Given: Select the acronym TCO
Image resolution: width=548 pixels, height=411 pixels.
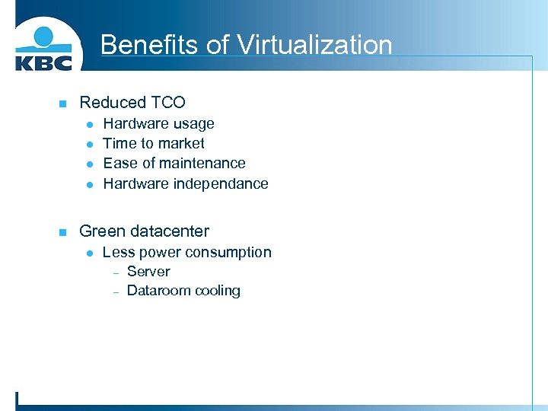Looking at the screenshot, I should [167, 102].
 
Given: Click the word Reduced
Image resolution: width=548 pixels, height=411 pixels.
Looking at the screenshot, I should [113, 102].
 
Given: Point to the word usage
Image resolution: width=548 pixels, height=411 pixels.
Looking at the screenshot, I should [194, 124].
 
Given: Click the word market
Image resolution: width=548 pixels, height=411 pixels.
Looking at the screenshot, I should [181, 143].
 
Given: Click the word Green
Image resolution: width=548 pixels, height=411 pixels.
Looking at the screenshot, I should [100, 231].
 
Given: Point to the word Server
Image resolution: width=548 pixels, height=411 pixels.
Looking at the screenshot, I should [148, 272].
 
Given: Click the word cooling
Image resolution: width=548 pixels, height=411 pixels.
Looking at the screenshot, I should [218, 291].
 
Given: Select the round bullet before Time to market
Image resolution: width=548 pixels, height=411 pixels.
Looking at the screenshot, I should [89, 144].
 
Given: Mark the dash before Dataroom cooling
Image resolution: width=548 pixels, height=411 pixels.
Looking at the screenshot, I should [116, 292].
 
